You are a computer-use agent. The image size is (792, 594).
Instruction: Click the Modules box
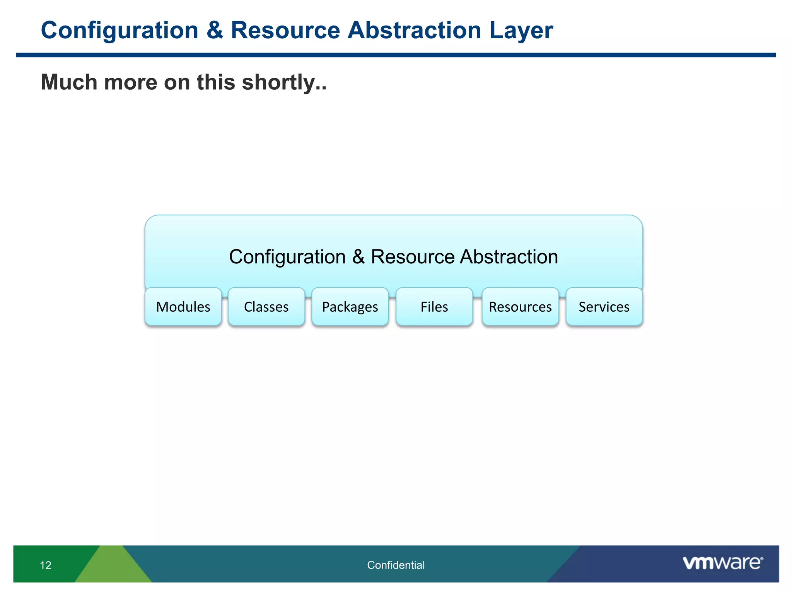(x=183, y=307)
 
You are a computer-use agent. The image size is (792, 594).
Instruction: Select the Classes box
(x=266, y=307)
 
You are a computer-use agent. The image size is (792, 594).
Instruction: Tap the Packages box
(x=350, y=307)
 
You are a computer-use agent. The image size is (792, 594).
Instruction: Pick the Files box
(x=434, y=307)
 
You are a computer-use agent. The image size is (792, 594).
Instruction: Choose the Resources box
(x=520, y=307)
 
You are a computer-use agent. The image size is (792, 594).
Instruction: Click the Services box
(x=604, y=307)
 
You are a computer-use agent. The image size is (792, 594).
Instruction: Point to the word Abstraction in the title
(x=414, y=30)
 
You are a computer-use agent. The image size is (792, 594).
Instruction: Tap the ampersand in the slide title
(x=215, y=30)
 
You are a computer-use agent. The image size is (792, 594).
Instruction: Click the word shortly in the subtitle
(x=283, y=82)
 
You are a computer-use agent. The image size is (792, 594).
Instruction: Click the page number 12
(x=46, y=565)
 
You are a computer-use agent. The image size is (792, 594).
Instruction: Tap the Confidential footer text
(x=396, y=565)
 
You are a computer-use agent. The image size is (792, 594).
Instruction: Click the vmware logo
(x=723, y=563)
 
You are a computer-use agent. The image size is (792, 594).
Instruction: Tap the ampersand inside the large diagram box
(x=358, y=257)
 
